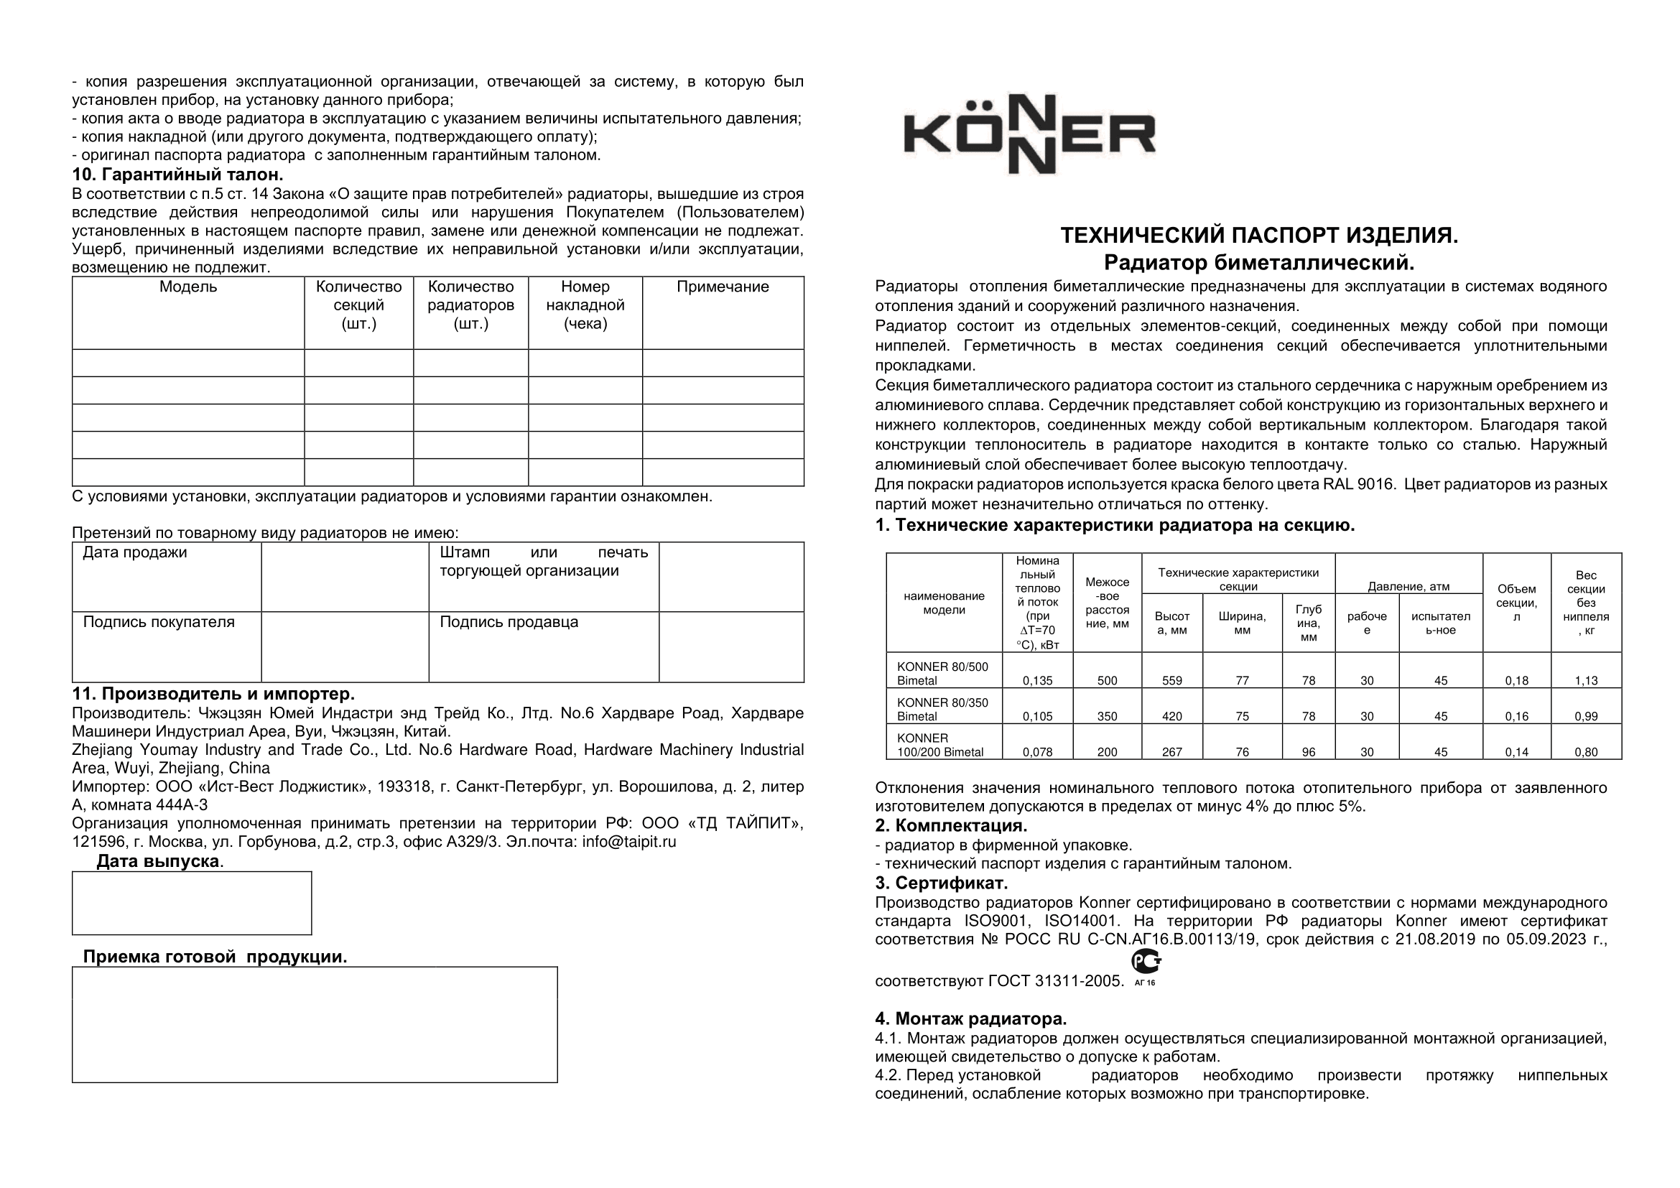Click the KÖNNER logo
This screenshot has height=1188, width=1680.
click(1029, 134)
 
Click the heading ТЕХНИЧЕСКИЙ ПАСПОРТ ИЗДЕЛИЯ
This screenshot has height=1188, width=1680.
click(1258, 236)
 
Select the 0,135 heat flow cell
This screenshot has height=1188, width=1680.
click(1037, 680)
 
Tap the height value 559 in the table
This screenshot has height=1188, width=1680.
click(1171, 680)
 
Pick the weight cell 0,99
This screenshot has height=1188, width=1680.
click(1586, 716)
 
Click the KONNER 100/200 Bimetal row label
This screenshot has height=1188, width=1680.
click(940, 745)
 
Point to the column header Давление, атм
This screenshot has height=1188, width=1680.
click(1408, 586)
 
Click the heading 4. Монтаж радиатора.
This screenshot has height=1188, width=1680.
click(970, 1018)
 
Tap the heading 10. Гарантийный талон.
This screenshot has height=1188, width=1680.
click(177, 175)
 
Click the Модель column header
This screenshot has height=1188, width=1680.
click(188, 287)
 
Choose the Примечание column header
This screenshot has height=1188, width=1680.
click(722, 287)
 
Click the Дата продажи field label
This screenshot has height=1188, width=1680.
click(134, 552)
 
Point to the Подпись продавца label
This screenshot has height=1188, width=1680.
click(509, 622)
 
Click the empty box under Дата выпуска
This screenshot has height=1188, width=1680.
click(192, 903)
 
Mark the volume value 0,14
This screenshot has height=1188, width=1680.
click(1516, 751)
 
